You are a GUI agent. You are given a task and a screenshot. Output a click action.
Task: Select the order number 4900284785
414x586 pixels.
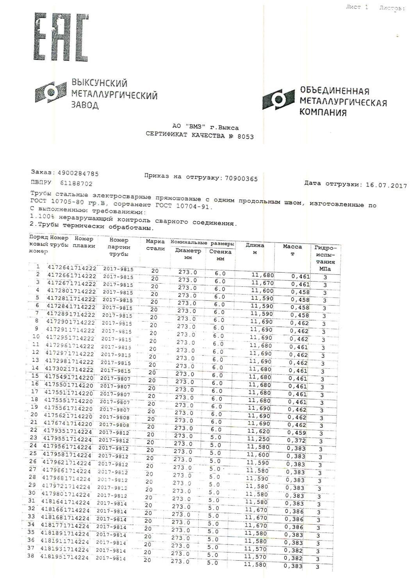78,173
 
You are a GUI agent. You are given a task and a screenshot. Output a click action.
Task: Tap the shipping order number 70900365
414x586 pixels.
241,179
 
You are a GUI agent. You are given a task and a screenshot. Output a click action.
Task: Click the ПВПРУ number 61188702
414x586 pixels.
76,183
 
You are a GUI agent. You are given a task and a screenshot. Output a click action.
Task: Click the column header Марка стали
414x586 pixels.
155,245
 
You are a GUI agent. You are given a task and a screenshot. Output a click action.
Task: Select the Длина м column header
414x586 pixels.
255,248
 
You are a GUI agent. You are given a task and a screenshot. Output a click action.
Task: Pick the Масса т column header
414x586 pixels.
292,250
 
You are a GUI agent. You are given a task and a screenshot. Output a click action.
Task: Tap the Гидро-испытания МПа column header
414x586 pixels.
325,258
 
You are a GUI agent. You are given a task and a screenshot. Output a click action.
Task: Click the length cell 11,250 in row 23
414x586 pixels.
257,439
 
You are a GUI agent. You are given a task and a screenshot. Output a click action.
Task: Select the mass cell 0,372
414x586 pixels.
296,440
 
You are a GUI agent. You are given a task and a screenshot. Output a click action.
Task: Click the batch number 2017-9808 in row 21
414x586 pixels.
114,425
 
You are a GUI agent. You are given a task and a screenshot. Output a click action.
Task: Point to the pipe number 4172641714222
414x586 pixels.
72,268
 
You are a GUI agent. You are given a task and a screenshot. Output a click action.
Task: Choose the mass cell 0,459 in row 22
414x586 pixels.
297,432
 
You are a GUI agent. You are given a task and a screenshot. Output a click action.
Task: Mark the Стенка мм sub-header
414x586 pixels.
220,255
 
